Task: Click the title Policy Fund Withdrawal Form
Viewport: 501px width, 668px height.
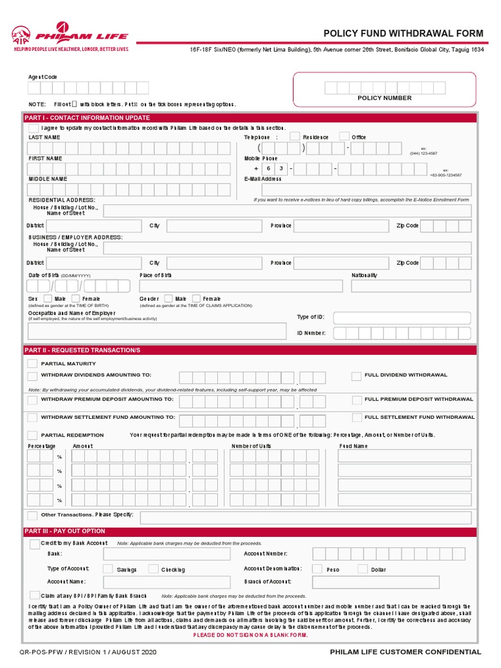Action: tap(404, 33)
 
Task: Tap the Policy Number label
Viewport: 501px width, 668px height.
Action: tap(384, 98)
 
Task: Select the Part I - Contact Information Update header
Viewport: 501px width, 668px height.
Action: tap(87, 117)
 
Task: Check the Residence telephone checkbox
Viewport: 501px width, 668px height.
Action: tap(295, 136)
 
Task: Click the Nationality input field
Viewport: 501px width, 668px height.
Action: tap(412, 286)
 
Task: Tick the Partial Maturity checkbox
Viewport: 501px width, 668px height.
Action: tap(32, 363)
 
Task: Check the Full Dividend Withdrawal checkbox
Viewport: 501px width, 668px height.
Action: tap(356, 376)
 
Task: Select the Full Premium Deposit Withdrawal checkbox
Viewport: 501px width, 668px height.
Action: tap(356, 399)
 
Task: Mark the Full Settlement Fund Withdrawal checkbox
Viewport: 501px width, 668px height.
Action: tap(356, 417)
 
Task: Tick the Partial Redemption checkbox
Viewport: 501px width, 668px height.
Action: tap(32, 435)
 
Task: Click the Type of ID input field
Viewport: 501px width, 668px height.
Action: tap(402, 318)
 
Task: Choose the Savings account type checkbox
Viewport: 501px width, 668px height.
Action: tap(108, 569)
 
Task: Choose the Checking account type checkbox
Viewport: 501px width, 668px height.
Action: tap(153, 569)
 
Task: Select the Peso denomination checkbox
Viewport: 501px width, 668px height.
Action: tap(317, 569)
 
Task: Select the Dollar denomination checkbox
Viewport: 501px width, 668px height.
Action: tap(362, 569)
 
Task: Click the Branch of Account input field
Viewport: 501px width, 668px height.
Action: tap(391, 581)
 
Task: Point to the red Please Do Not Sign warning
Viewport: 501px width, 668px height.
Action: tap(250, 635)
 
